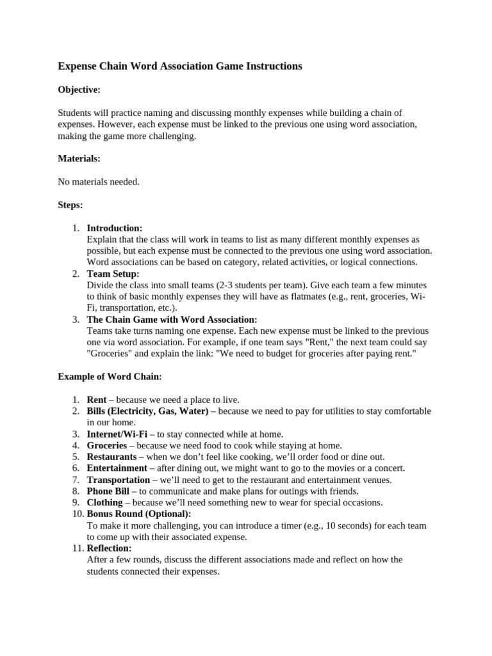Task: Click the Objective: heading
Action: (79, 90)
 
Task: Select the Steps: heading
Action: (70, 205)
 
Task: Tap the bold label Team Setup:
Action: (113, 274)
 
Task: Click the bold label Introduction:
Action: (115, 228)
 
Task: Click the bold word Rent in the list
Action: (97, 399)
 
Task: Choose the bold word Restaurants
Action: (112, 457)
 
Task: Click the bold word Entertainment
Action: (117, 468)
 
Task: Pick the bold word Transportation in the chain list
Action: (119, 480)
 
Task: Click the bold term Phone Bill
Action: (108, 491)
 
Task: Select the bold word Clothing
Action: (104, 503)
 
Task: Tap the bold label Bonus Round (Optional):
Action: (139, 514)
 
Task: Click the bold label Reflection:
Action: (110, 548)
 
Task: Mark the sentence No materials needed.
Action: (99, 182)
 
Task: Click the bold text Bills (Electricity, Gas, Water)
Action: (148, 411)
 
